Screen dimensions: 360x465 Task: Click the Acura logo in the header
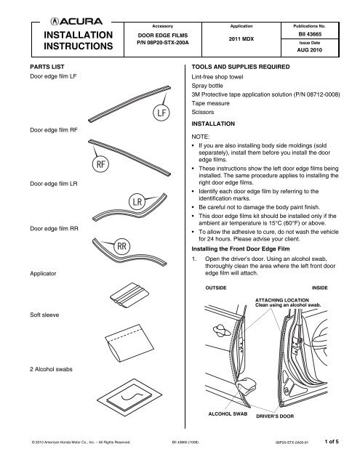pos(76,21)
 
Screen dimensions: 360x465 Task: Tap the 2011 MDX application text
pos(241,39)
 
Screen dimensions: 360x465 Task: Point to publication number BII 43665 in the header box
pos(310,34)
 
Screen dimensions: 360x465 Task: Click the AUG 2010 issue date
pos(310,50)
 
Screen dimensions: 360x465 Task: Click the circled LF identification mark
pos(161,113)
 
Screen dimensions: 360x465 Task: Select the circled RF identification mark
pos(100,164)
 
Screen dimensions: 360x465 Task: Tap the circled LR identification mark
pos(137,202)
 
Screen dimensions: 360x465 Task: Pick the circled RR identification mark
pos(121,246)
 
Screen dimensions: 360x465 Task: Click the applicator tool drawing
pos(129,296)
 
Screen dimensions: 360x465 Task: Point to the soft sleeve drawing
pos(129,343)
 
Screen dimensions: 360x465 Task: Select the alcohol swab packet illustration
pos(129,397)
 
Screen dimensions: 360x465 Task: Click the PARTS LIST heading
pos(47,67)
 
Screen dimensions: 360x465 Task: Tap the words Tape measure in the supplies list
pos(210,103)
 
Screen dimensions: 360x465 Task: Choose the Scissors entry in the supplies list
pos(203,112)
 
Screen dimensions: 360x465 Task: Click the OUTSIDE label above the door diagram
pos(216,288)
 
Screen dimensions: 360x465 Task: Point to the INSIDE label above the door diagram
pos(320,288)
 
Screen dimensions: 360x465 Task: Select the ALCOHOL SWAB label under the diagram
pos(228,413)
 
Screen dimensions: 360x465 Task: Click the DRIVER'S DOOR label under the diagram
pos(275,416)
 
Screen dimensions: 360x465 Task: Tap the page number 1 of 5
pos(332,441)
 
